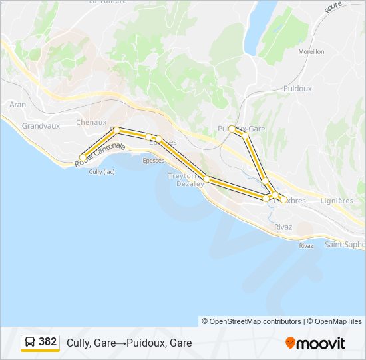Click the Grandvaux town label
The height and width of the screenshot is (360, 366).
coord(41,125)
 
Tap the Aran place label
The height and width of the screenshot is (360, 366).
coord(17,105)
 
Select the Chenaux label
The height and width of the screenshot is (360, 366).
coord(91,122)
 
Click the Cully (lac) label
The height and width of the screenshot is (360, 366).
coord(102,171)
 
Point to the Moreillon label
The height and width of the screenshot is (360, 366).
coord(311,51)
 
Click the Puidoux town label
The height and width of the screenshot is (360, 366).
coord(297,88)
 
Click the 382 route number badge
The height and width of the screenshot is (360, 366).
coord(47,341)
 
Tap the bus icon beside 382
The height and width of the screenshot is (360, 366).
coord(30,342)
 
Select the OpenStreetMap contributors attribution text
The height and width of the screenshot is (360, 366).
coord(252,321)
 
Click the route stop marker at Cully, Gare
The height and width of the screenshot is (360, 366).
coord(83,158)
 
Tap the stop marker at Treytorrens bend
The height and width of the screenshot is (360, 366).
coord(208,179)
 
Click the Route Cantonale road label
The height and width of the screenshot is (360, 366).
coord(100,155)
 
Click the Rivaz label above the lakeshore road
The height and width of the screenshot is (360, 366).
coord(283,227)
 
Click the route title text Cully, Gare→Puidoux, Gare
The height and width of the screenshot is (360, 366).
coord(129,343)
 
